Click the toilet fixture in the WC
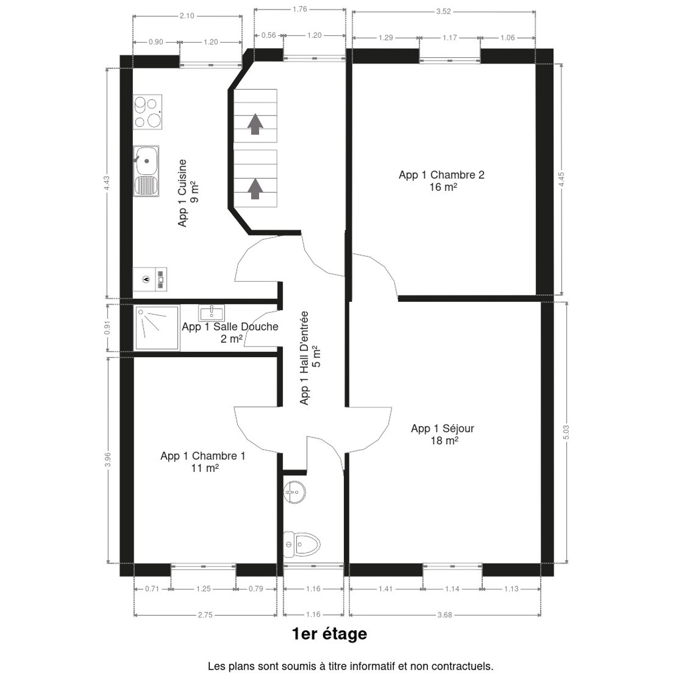pyautogui.click(x=301, y=544)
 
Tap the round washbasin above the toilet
pyautogui.click(x=294, y=492)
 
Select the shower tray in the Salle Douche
pyautogui.click(x=157, y=328)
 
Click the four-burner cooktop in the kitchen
pyautogui.click(x=147, y=112)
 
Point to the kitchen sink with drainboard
pyautogui.click(x=146, y=171)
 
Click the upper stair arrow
pyautogui.click(x=255, y=124)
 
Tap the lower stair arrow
pyautogui.click(x=255, y=189)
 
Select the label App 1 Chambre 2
pyautogui.click(x=441, y=174)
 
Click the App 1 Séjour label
pyautogui.click(x=442, y=428)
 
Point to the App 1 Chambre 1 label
pyautogui.click(x=203, y=456)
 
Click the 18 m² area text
pyautogui.click(x=444, y=441)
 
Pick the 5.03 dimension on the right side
pyautogui.click(x=566, y=432)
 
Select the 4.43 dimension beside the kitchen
pyautogui.click(x=107, y=183)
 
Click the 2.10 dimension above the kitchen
pyautogui.click(x=187, y=16)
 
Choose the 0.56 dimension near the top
pyautogui.click(x=269, y=35)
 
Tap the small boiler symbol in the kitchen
pyautogui.click(x=150, y=279)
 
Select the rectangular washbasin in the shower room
pyautogui.click(x=211, y=313)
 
